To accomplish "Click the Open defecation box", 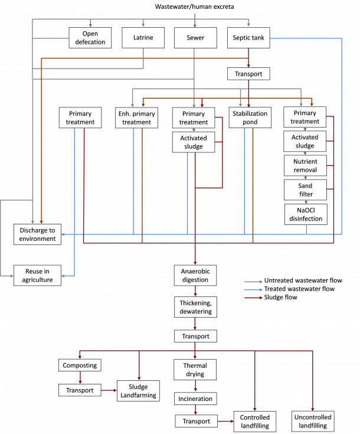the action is (x=90, y=38).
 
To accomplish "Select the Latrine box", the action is (x=143, y=38).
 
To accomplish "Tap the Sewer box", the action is (x=195, y=38).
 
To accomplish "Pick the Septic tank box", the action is (x=248, y=38).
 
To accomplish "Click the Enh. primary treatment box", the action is (x=137, y=118).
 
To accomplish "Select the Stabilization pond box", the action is (x=250, y=118).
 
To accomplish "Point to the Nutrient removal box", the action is (x=305, y=165).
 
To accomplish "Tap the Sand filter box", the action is (x=305, y=190).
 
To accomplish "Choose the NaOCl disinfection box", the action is (x=306, y=214).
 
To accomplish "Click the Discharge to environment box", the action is (x=37, y=234).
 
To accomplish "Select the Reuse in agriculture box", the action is (x=37, y=275).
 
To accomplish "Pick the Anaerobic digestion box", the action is (x=195, y=275).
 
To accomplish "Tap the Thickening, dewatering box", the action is (x=195, y=307).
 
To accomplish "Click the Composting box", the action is (x=80, y=365).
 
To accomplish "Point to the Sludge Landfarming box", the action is (x=138, y=391).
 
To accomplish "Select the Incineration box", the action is (x=195, y=399).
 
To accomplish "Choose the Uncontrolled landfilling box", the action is (x=313, y=421).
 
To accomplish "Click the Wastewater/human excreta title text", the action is (x=194, y=6).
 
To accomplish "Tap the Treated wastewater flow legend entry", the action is (x=289, y=289).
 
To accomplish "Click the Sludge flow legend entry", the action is (x=271, y=297).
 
